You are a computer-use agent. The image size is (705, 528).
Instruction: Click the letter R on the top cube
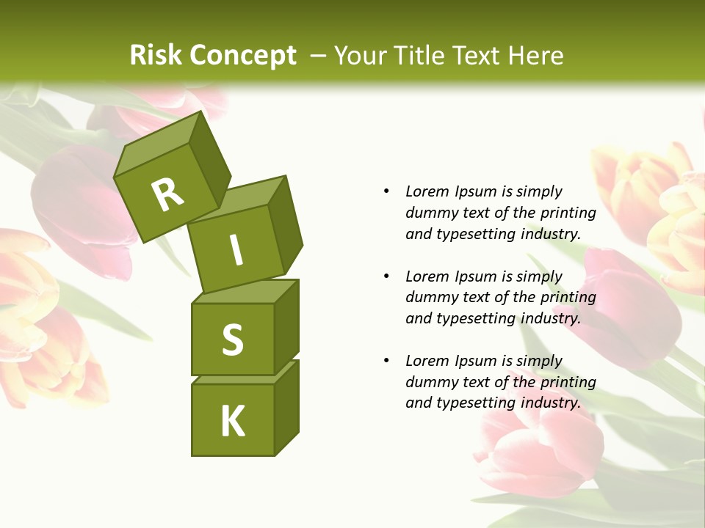coord(167,194)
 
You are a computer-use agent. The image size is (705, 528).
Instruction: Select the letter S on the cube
coord(232,340)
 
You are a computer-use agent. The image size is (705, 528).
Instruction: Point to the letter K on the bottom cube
coord(233,422)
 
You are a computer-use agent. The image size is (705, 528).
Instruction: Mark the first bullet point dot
coord(386,192)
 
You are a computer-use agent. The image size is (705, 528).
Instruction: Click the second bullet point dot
coord(386,276)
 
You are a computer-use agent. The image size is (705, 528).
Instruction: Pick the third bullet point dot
coord(386,361)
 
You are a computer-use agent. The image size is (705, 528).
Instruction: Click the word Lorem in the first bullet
coord(427,191)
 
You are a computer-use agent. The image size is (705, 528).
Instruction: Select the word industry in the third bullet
coord(550,403)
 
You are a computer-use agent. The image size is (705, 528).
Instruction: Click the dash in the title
coord(318,56)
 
